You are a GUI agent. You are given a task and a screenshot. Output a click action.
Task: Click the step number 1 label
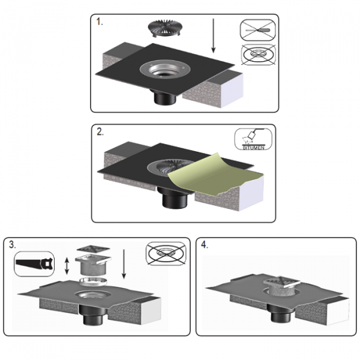coord(100,22)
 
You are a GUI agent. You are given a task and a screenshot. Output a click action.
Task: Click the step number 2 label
coord(100,132)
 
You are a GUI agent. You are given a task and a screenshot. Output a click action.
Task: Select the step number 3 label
coord(13,245)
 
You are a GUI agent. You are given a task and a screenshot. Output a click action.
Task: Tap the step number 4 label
coord(205,245)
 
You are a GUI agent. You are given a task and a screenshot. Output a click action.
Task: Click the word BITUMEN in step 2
coord(253,148)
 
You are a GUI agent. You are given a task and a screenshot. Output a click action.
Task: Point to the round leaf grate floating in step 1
coord(163,29)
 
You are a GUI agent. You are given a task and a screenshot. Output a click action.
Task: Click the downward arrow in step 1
coord(213,35)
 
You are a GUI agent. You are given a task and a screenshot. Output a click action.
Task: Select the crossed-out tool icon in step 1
coord(257,31)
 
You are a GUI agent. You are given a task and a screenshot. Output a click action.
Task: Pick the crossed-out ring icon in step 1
coord(258,55)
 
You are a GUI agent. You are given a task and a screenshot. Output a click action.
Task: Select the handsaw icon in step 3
coord(34,263)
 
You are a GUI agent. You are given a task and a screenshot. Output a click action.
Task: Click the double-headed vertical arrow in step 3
coord(67,266)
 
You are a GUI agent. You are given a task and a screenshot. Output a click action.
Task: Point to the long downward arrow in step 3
coord(124,264)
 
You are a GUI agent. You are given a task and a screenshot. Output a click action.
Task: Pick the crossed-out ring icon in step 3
coord(166,253)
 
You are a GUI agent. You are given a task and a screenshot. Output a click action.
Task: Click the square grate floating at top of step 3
coord(93,249)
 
